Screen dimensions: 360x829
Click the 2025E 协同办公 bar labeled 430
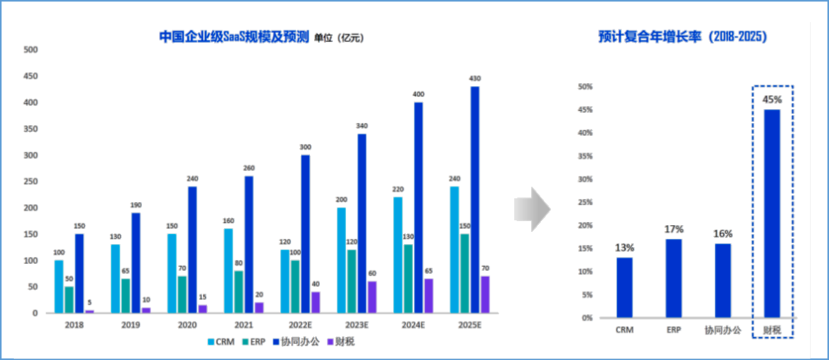click(475, 200)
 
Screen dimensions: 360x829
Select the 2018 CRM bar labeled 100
click(58, 286)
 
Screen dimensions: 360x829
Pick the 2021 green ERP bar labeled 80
click(238, 292)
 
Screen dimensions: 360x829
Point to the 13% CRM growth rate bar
click(625, 287)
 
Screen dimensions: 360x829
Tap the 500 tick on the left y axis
click(31, 50)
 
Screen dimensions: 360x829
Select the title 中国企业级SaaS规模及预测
click(233, 36)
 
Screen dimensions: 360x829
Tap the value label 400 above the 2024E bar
click(418, 94)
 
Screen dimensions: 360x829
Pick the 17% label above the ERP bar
click(674, 230)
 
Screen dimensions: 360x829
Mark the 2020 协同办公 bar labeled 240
click(193, 249)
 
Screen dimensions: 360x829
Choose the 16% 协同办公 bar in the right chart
click(722, 280)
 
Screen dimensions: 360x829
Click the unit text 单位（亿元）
click(338, 37)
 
